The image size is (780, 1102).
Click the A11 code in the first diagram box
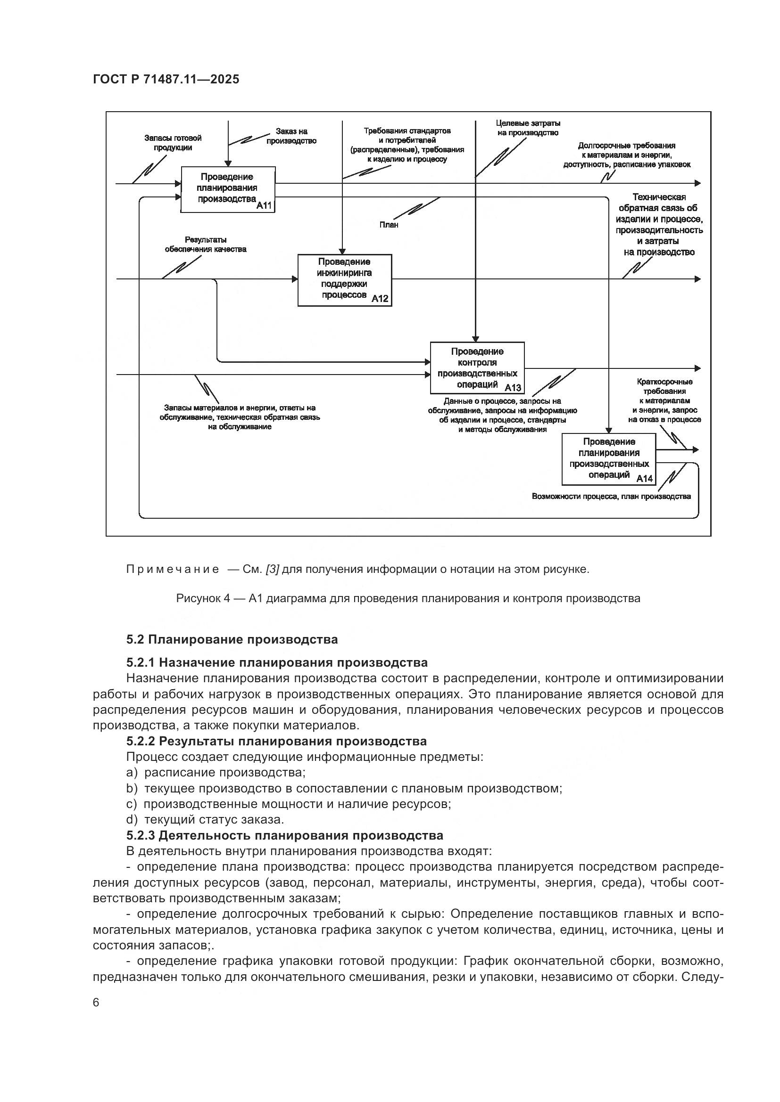point(264,206)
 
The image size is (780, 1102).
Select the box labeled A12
point(344,280)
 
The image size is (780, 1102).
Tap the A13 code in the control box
point(513,387)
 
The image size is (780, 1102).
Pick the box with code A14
point(608,459)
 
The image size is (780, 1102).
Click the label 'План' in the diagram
point(389,225)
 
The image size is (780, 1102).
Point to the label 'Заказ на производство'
point(291,136)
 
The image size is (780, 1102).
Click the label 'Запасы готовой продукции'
point(173,143)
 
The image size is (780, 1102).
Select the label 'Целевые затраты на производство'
point(528,128)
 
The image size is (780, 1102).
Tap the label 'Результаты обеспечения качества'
point(206,245)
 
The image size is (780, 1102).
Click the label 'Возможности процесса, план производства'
point(611,496)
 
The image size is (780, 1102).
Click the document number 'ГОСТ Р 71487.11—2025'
point(166,79)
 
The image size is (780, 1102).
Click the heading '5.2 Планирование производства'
point(232,639)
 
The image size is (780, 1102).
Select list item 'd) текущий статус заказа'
point(205,819)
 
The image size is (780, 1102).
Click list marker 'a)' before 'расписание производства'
point(132,772)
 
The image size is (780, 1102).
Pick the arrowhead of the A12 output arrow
point(697,279)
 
